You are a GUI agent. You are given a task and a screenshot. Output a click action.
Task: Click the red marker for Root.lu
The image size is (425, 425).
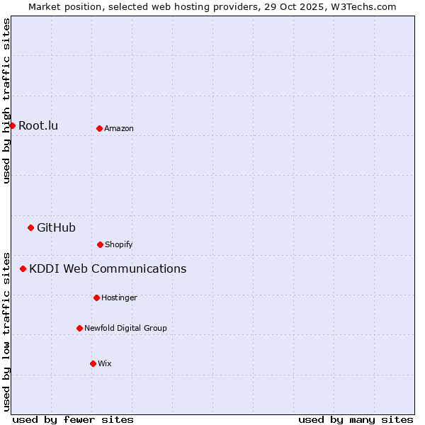point(12,125)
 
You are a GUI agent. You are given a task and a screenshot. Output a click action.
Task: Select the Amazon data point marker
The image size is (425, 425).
point(99,128)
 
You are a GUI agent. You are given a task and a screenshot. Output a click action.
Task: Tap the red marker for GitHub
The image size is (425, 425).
point(30,227)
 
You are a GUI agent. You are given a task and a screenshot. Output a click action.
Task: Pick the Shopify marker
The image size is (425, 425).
point(100,244)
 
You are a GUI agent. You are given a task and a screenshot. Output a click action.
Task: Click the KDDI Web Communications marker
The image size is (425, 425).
point(23,268)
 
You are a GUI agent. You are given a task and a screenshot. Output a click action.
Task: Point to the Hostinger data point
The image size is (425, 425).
point(96,297)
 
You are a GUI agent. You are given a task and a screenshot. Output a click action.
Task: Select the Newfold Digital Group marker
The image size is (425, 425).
point(79,328)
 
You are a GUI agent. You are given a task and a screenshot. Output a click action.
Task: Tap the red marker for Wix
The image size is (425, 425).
point(93,363)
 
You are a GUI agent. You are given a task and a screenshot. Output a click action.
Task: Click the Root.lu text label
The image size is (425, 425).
point(38,125)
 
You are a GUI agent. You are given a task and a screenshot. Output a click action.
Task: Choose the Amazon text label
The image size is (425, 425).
point(119,128)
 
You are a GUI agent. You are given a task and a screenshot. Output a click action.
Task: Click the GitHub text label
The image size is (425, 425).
point(56,227)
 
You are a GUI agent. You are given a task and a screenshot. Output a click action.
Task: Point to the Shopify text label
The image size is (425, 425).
point(119,244)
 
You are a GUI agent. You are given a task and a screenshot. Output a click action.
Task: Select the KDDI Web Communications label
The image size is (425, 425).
point(108,268)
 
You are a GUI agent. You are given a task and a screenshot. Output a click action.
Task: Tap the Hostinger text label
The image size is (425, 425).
point(119,297)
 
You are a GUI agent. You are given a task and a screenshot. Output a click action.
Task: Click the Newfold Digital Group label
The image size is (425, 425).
point(125,328)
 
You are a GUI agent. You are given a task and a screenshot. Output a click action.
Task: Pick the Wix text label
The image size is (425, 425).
point(105,363)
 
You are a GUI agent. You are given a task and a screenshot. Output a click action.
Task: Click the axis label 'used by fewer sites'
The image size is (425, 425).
point(73,419)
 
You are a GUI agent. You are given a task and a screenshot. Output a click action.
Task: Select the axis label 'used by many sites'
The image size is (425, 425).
point(356,419)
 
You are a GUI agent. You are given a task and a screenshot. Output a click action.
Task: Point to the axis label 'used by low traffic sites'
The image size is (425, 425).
point(6,331)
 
